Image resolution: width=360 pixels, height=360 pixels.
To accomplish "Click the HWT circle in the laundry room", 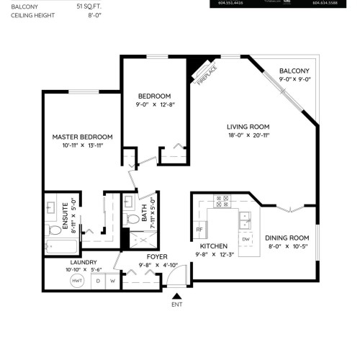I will [77, 280].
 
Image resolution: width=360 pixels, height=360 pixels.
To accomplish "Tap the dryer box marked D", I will [99, 280].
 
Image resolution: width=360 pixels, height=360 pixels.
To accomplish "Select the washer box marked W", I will [113, 280].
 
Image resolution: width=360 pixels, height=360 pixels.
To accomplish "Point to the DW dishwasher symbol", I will [246, 238].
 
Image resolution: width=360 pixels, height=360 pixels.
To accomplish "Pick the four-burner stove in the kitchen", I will [223, 202].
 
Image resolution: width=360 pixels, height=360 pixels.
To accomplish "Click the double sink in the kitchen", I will [246, 215].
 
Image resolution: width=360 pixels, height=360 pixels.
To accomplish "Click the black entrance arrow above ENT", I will [176, 294].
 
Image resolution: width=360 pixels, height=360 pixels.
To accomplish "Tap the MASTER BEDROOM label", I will [82, 136].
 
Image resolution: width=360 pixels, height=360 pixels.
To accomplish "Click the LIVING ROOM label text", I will [248, 125].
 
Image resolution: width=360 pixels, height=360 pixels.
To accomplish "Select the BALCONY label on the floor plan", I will [294, 71].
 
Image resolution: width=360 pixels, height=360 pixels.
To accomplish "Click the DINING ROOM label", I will [287, 238].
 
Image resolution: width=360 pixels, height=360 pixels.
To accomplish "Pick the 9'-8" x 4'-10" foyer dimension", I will [157, 265].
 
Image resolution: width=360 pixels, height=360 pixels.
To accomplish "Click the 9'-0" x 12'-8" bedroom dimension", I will [154, 105].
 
